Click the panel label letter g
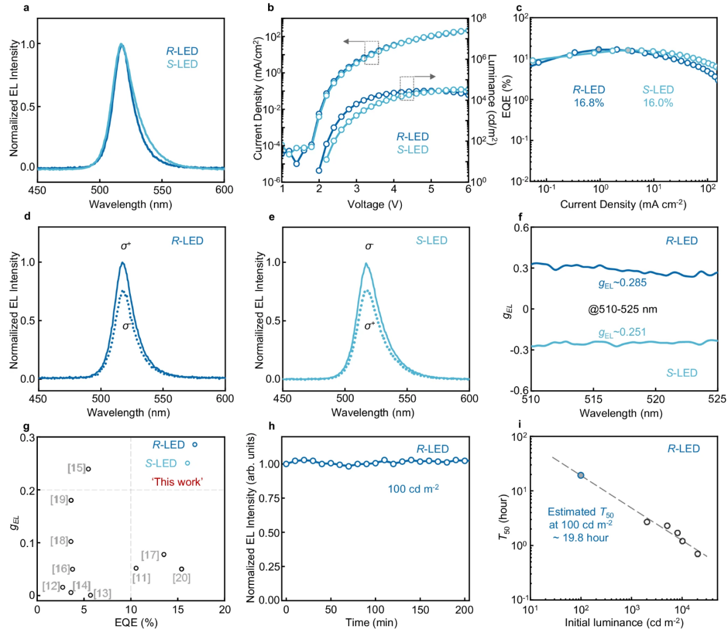26,426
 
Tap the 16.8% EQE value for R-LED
588,103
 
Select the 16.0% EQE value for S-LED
657,103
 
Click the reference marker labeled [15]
76,468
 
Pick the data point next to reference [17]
164,554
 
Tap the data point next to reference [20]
181,569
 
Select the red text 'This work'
177,482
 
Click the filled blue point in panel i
581,475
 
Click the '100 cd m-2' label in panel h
413,489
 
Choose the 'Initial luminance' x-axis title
624,623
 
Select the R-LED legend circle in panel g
195,445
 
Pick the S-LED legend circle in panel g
187,463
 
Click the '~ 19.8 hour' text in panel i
580,538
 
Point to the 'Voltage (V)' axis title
374,204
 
